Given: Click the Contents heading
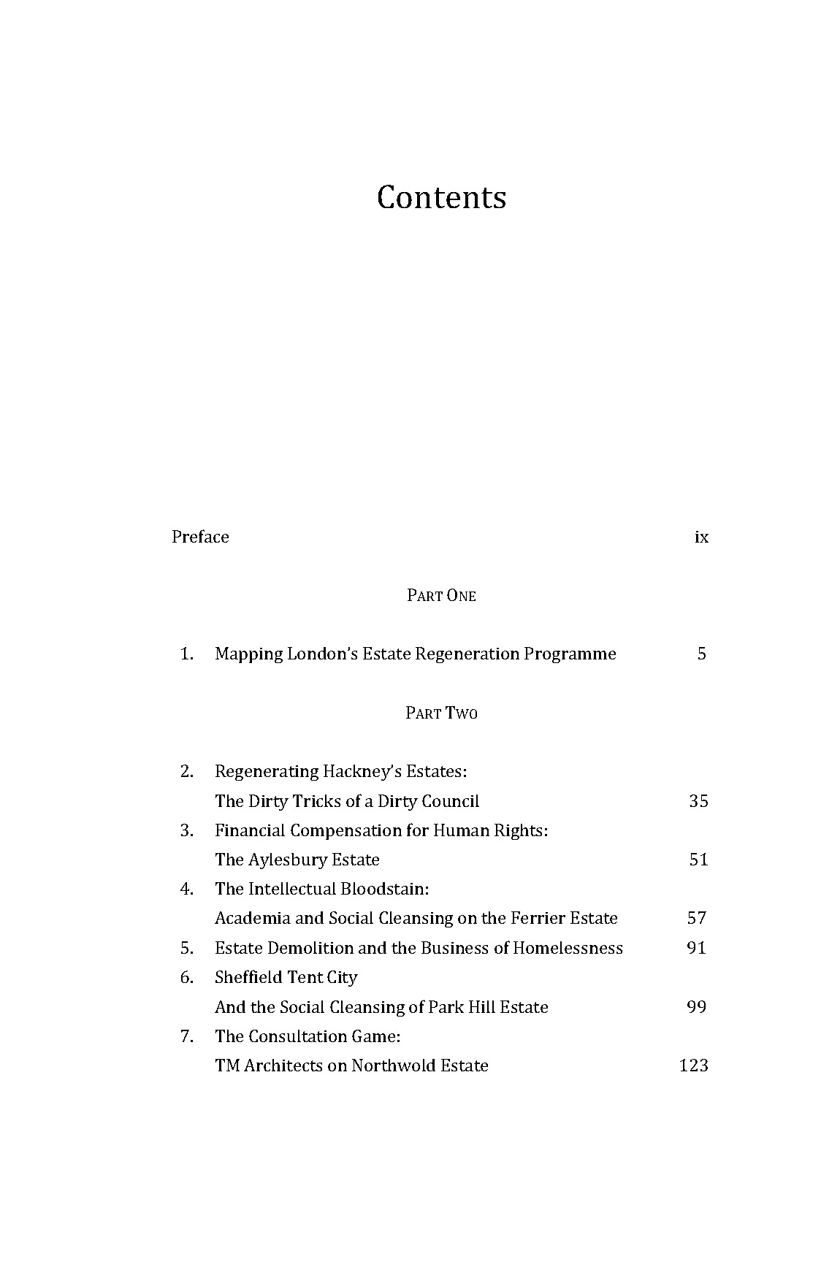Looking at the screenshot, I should tap(441, 197).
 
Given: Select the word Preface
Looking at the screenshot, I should tap(200, 537).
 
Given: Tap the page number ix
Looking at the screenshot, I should tap(701, 537).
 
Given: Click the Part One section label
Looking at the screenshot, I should tap(441, 596).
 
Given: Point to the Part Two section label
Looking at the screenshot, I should tap(441, 713).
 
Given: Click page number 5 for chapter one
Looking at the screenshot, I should tap(701, 654).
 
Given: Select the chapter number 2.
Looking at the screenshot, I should tap(186, 771).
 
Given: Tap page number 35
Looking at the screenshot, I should tap(698, 801).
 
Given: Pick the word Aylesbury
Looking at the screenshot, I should tap(288, 860).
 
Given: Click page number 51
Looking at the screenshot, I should tap(698, 860).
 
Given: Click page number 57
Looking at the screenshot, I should tap(698, 918).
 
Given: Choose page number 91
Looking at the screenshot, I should tap(698, 948).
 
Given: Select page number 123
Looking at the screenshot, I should tap(693, 1065).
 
